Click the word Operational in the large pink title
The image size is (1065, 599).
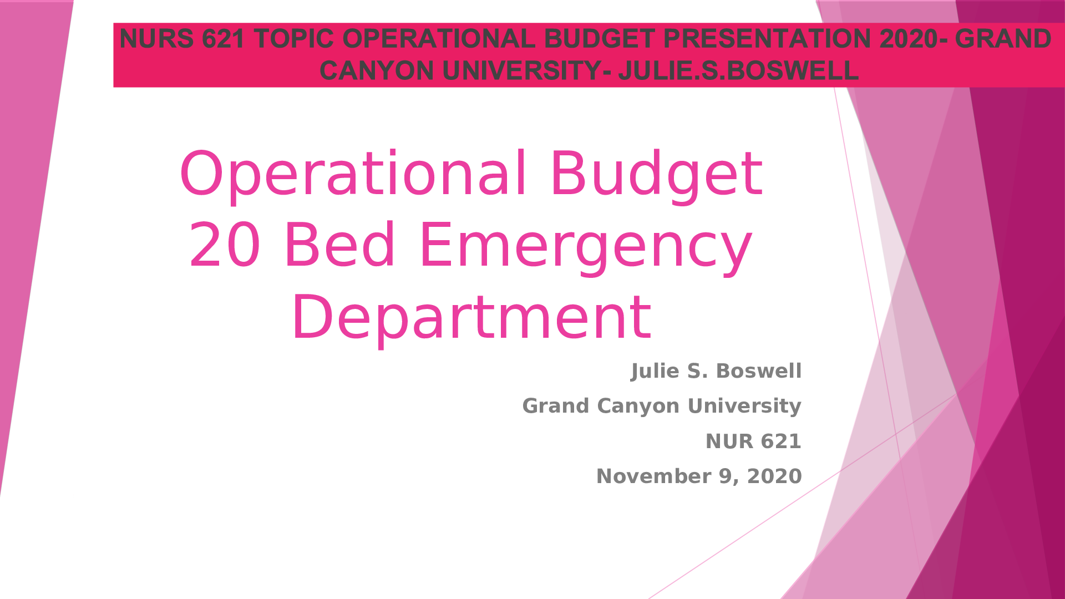(x=353, y=174)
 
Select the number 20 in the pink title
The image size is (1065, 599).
(x=224, y=245)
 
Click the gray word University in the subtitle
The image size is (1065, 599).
(x=744, y=407)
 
